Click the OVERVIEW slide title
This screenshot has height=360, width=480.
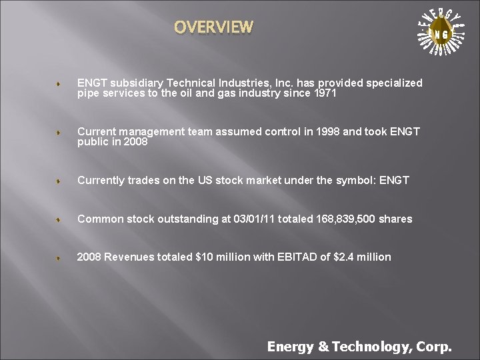[213, 27]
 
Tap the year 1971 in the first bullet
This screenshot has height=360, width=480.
[323, 94]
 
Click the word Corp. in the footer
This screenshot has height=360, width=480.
[434, 346]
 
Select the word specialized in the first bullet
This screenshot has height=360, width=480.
[393, 83]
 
